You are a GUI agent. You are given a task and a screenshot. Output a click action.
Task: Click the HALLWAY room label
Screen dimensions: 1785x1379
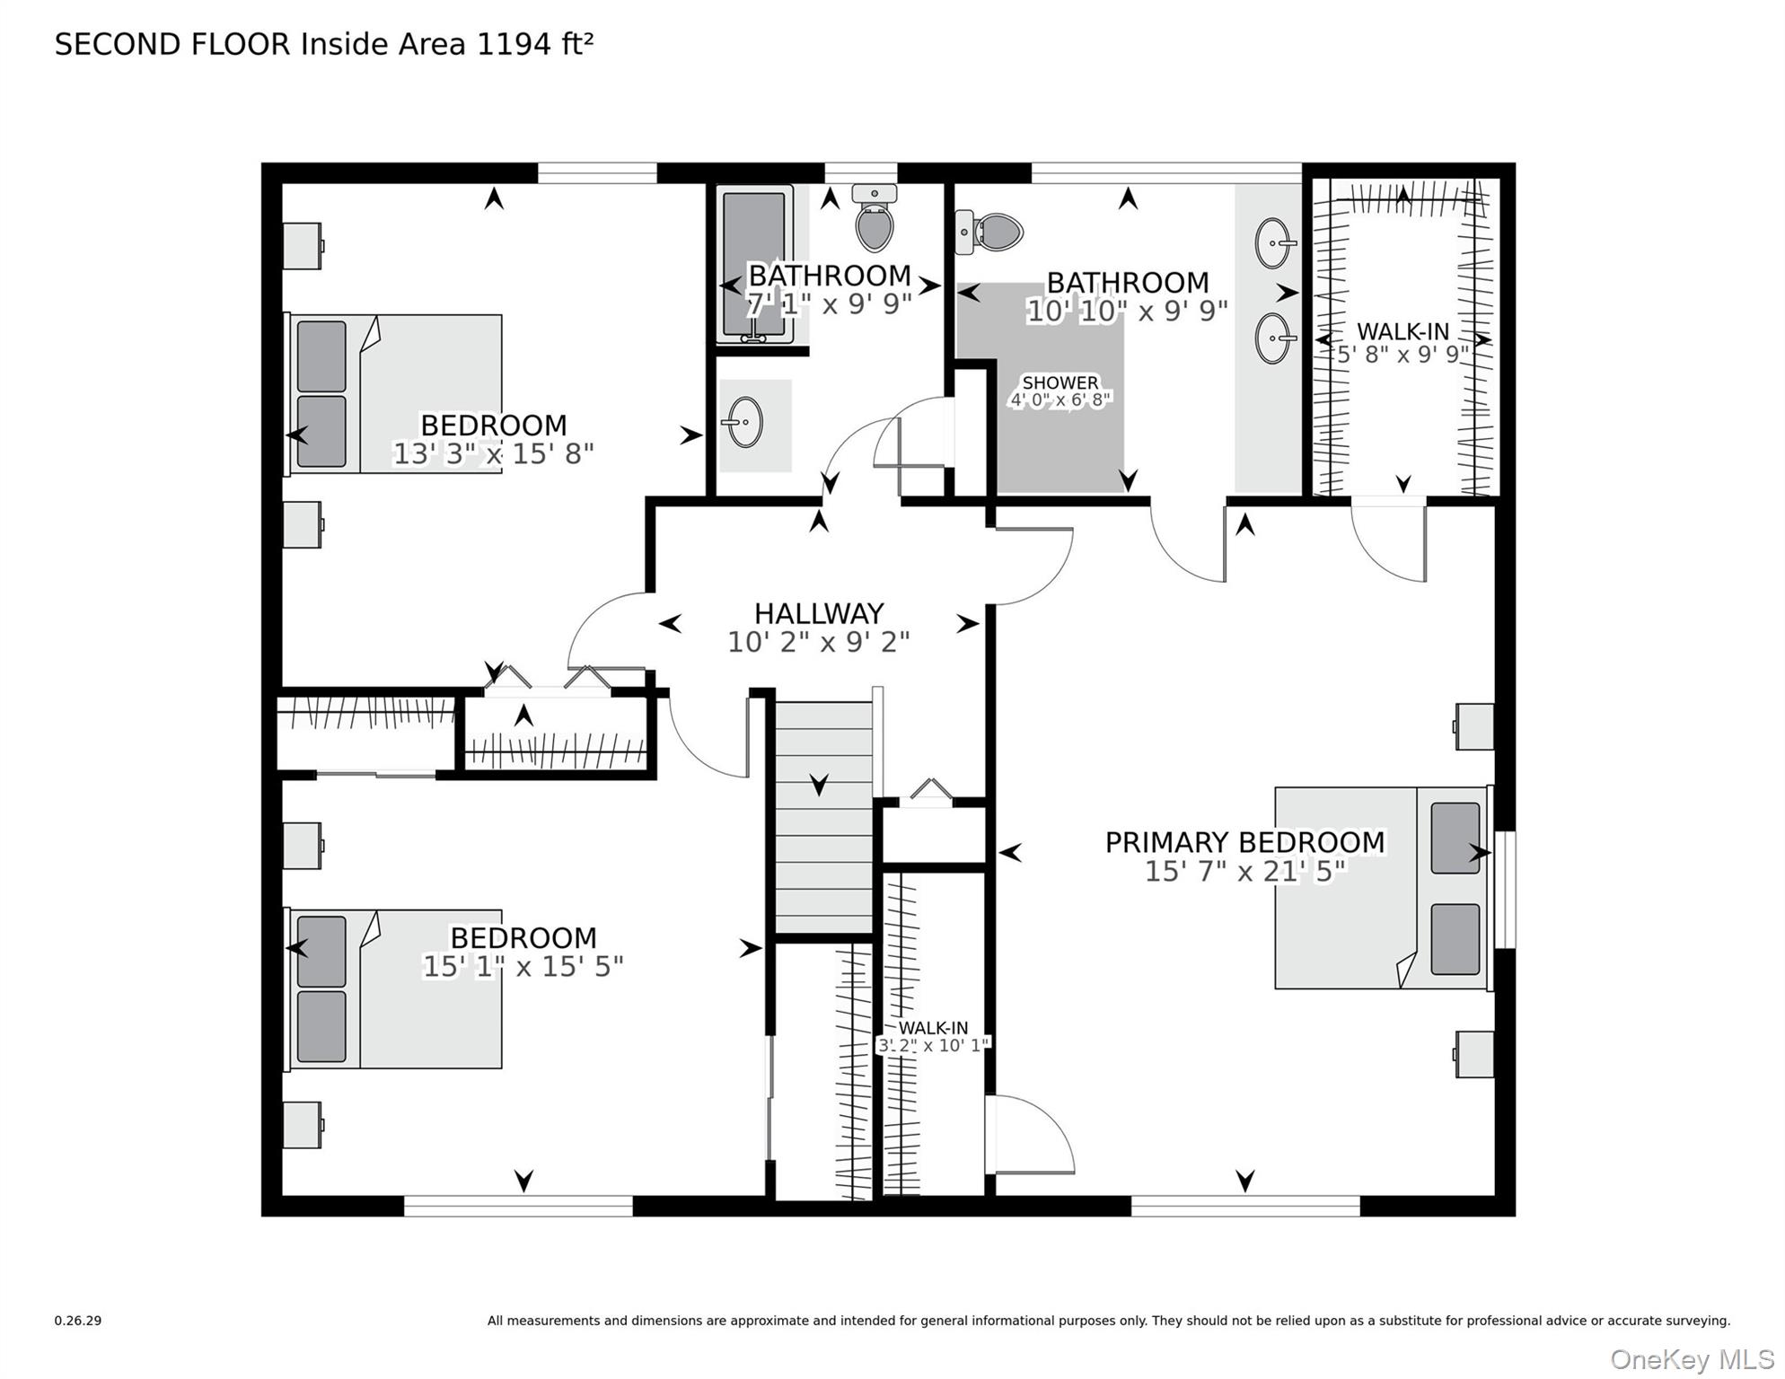819,613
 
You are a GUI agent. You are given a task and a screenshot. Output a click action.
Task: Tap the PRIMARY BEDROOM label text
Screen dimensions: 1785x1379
1244,842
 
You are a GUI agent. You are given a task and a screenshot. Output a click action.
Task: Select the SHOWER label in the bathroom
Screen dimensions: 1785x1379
1060,382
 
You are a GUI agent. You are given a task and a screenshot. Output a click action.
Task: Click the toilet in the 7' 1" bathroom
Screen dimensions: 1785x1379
874,218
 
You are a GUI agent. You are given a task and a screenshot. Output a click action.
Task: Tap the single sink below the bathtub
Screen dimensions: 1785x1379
744,421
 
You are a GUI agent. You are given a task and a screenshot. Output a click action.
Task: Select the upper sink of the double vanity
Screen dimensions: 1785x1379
1274,242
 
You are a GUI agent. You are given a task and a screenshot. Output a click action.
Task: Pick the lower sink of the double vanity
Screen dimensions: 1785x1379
1274,338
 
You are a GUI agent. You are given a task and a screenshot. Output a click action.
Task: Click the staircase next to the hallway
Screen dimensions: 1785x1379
824,817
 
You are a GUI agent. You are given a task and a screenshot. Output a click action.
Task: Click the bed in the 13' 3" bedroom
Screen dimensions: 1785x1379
393,393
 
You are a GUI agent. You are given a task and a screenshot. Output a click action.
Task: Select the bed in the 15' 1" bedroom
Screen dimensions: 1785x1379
393,988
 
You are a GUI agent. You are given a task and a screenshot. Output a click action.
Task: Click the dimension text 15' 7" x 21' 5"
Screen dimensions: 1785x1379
1245,871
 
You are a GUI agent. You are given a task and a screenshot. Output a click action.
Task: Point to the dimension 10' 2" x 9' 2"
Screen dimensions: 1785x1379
819,642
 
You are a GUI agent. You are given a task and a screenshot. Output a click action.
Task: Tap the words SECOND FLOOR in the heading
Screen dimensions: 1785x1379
172,44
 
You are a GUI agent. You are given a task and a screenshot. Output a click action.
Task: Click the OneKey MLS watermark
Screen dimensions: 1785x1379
1693,1359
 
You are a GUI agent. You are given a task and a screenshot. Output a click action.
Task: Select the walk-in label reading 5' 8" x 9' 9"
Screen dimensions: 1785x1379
1402,354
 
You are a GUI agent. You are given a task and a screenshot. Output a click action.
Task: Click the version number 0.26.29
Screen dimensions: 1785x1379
78,1321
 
